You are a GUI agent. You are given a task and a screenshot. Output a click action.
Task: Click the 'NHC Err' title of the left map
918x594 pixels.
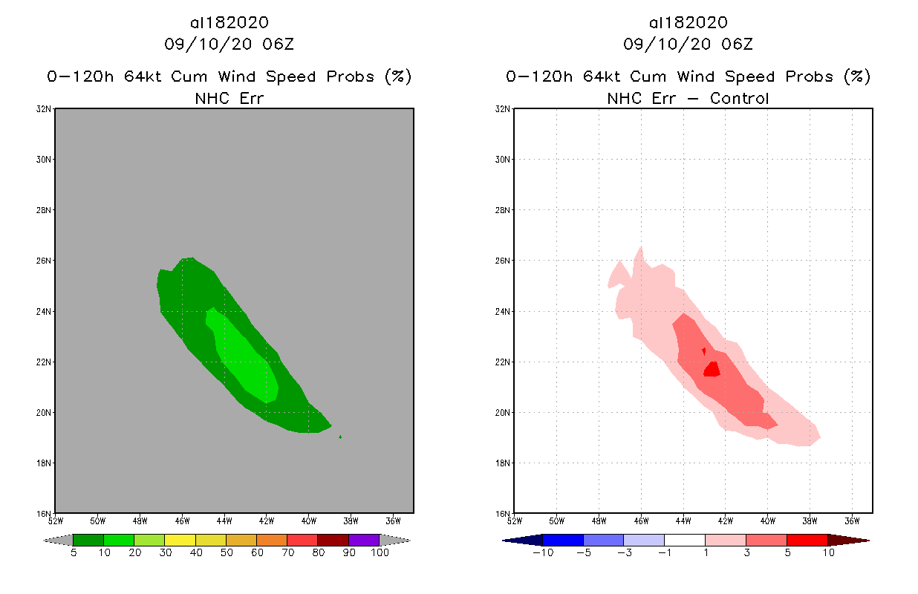point(228,98)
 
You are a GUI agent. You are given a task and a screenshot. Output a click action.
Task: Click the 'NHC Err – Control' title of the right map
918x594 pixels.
point(687,98)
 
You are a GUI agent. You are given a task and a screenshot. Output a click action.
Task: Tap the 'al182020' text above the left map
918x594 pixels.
point(229,23)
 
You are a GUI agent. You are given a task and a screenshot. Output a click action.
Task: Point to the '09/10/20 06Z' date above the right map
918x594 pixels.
point(688,45)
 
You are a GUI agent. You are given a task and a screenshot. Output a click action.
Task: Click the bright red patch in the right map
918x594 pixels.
point(712,369)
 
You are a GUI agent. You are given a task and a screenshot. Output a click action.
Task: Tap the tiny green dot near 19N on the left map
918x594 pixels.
point(340,437)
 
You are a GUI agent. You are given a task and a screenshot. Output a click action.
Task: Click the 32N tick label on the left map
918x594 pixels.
point(45,109)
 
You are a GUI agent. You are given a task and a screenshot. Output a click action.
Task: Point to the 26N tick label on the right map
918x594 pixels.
point(504,261)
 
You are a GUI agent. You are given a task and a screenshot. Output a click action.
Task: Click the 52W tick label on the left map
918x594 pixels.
point(55,520)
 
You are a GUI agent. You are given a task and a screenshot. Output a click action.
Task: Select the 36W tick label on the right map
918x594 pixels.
point(852,520)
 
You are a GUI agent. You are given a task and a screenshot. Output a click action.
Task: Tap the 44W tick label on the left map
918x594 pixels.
point(224,520)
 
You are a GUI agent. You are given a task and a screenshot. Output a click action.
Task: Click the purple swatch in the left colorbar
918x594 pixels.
point(364,540)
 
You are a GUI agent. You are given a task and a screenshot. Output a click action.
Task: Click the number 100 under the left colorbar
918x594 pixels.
point(380,553)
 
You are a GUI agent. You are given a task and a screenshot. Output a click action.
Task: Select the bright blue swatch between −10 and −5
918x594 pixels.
point(563,540)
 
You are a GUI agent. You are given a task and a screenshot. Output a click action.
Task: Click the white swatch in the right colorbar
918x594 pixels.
point(684,540)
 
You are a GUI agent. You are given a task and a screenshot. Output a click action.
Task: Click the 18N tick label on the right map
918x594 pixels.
point(504,463)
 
